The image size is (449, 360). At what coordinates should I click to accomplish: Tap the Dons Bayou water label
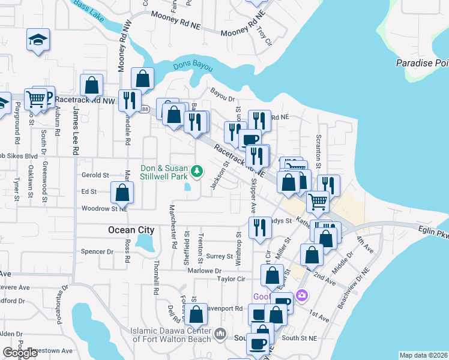(193, 67)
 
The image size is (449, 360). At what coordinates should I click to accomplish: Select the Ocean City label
(131, 230)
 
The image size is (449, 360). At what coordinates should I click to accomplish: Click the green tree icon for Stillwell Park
(196, 173)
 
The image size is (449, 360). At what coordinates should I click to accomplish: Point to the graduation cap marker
(38, 40)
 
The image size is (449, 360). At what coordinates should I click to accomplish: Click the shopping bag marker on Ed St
(122, 192)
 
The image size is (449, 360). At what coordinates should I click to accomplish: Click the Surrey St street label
(219, 256)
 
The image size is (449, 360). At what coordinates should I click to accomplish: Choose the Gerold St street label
(95, 175)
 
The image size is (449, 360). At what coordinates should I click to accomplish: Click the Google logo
(20, 353)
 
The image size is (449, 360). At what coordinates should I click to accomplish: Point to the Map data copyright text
(423, 355)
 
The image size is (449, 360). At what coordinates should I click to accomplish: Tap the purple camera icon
(301, 295)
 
